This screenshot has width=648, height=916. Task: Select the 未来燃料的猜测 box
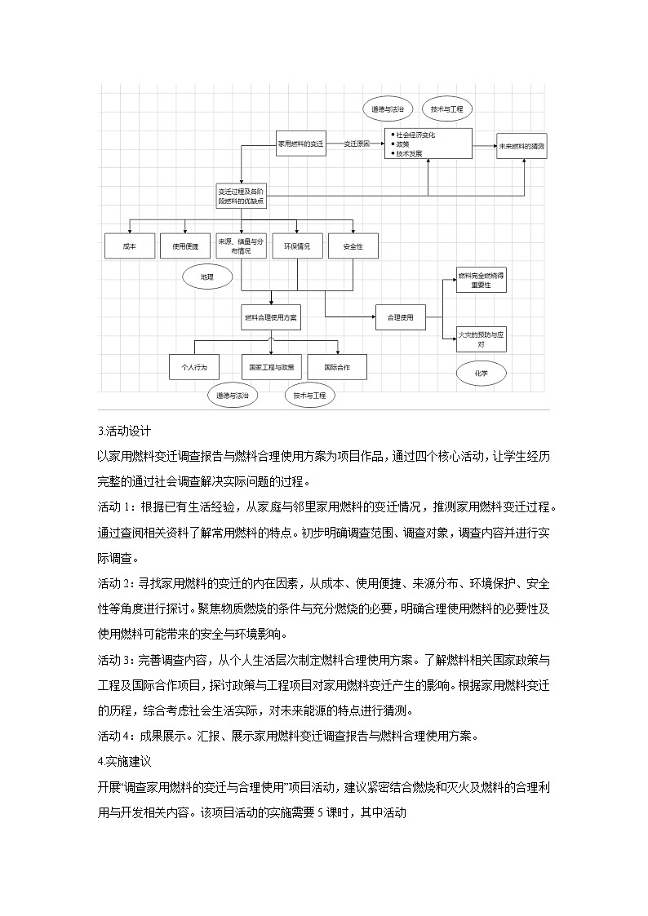tap(523, 146)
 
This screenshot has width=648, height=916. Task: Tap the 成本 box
tap(129, 246)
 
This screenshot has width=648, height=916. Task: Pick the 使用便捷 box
tap(184, 246)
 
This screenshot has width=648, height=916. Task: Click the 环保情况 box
tap(296, 246)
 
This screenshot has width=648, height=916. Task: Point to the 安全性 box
tap(353, 246)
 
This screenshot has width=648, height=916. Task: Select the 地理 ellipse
tap(206, 277)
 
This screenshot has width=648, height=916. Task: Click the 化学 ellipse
tap(482, 373)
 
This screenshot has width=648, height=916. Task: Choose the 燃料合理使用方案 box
tap(271, 316)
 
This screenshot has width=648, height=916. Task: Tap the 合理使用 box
tap(400, 316)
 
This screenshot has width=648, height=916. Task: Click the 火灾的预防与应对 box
tap(482, 339)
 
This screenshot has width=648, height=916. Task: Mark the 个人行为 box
tap(192, 367)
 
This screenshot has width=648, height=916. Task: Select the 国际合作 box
tap(336, 367)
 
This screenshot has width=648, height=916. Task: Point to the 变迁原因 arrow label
tap(356, 143)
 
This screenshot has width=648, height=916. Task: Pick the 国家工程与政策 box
tap(272, 367)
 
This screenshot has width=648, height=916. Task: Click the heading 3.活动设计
tap(124, 431)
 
